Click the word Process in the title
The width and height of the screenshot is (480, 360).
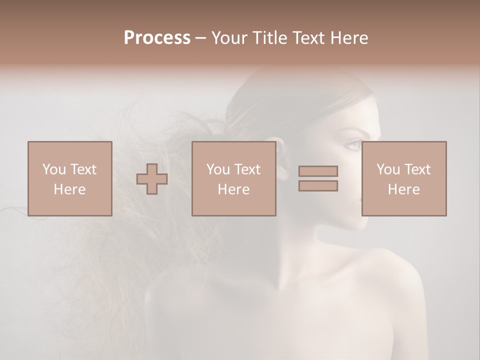[157, 38]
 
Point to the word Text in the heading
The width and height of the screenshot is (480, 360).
[307, 38]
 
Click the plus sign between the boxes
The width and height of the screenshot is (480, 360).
[152, 179]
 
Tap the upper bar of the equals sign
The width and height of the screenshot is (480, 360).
[318, 171]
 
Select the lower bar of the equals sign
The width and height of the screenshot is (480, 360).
[318, 185]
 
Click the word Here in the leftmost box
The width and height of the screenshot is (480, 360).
[69, 189]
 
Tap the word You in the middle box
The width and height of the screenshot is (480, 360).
[218, 169]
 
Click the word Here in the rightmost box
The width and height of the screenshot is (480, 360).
[403, 189]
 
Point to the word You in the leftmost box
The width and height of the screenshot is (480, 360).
[54, 169]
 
